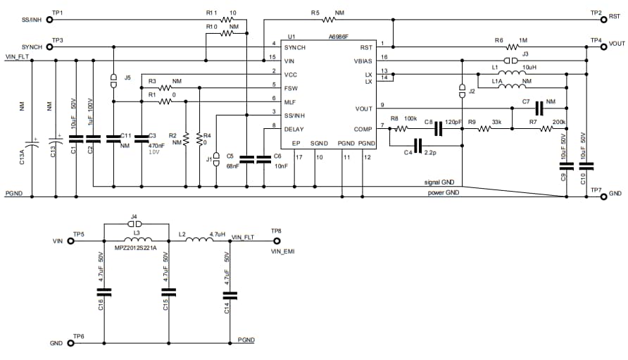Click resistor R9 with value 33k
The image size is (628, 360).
pos(485,129)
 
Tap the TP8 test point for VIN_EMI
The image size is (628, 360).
pos(276,240)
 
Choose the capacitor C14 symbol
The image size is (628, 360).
pos(234,294)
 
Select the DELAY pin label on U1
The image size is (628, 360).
pos(294,129)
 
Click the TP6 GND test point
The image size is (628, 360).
pos(70,344)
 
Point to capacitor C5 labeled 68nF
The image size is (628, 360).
pos(247,159)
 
